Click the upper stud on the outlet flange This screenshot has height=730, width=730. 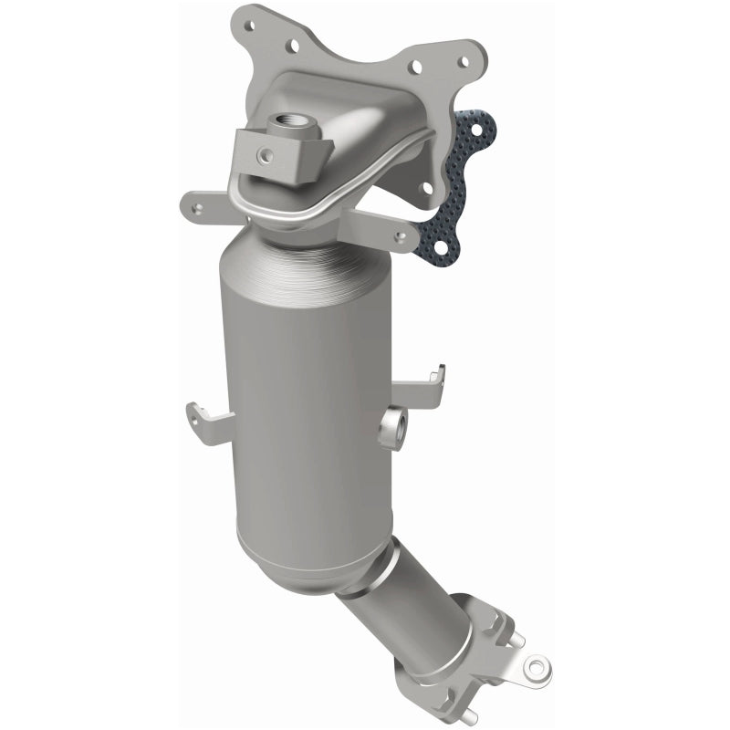pyautogui.click(x=514, y=639)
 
